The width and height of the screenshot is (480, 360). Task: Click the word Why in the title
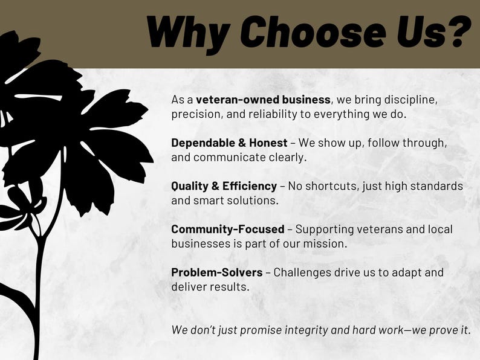click(x=188, y=33)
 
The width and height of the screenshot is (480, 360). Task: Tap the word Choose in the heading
click(x=313, y=32)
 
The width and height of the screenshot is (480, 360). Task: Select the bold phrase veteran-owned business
click(x=263, y=100)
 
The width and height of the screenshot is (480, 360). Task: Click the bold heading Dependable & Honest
click(x=229, y=143)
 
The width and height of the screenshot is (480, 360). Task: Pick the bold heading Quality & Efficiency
click(x=224, y=186)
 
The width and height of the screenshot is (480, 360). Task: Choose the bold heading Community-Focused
click(x=228, y=230)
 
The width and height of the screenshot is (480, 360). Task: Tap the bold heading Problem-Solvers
click(x=217, y=272)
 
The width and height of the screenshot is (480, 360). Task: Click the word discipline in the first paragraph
click(x=411, y=100)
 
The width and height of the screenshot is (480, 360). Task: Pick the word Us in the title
click(x=418, y=32)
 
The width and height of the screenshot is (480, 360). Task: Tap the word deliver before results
click(x=187, y=287)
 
